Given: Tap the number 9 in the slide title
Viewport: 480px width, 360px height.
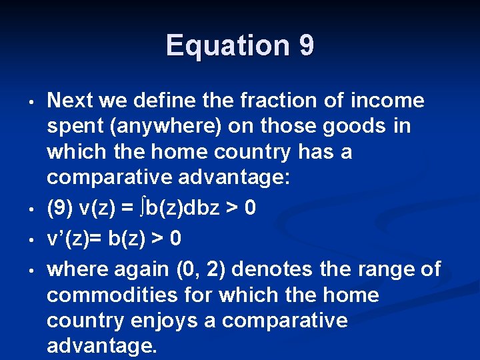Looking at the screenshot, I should pyautogui.click(x=307, y=45).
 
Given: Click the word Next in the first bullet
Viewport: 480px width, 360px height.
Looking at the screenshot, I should pyautogui.click(x=69, y=101).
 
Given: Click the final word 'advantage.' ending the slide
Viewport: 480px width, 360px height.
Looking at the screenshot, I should pyautogui.click(x=101, y=346).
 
